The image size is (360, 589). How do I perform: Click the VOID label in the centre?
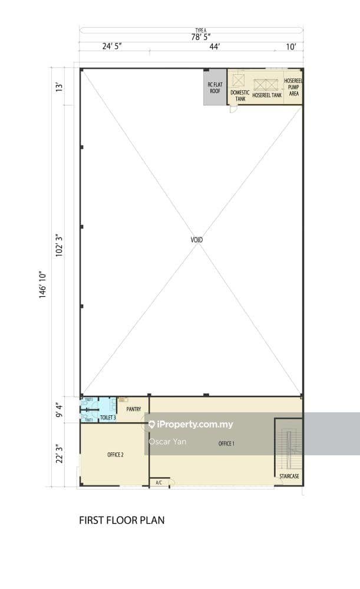point(197,240)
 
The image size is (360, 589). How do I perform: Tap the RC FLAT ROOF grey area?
point(214,88)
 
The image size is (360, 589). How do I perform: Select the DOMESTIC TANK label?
point(240,95)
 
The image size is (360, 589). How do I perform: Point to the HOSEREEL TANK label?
point(267,95)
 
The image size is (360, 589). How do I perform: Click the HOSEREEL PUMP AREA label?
point(293,87)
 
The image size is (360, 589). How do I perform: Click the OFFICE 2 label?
point(115,455)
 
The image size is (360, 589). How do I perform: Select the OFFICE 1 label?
point(226,444)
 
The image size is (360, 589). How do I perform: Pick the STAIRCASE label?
point(289,476)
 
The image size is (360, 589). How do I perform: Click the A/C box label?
point(158,483)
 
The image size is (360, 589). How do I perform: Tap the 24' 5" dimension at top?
point(112,47)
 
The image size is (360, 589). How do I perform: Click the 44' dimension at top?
point(214,47)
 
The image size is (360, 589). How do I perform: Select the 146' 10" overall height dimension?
point(42,284)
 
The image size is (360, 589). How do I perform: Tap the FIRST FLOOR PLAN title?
point(122,520)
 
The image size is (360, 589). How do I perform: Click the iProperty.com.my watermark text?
point(194,424)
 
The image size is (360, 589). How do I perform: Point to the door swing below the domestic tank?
point(233,109)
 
